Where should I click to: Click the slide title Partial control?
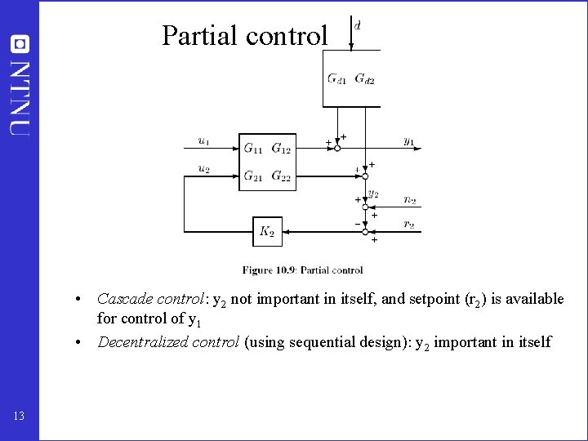click(x=244, y=36)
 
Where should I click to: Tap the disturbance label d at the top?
click(x=358, y=25)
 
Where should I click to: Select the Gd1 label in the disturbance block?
click(x=336, y=79)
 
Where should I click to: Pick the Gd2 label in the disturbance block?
click(x=364, y=79)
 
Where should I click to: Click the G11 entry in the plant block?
click(x=253, y=149)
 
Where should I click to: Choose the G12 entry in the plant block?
click(x=281, y=149)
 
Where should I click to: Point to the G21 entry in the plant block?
click(x=253, y=176)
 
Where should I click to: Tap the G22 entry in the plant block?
click(x=281, y=176)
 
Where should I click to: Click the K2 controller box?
click(x=267, y=232)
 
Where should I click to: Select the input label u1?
click(x=203, y=141)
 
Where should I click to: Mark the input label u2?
click(x=203, y=168)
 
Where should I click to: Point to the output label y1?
click(x=408, y=141)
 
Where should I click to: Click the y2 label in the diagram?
click(x=373, y=194)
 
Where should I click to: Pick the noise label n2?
click(x=409, y=199)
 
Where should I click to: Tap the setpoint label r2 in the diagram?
click(x=409, y=224)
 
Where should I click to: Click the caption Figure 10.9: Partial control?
click(x=302, y=269)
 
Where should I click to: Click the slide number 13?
click(x=20, y=416)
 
